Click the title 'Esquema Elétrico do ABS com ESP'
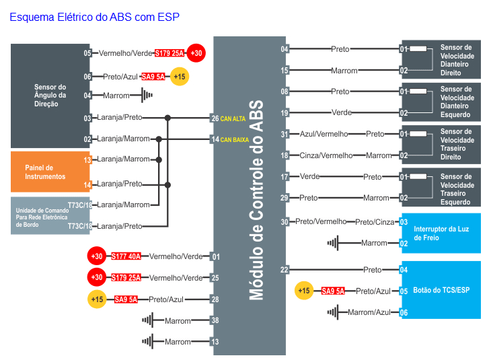tap(94, 17)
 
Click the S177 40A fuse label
tap(126, 256)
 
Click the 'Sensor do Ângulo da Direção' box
tap(50, 96)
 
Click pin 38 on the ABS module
tap(215, 320)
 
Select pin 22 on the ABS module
tap(285, 270)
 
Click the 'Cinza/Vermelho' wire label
tap(326, 155)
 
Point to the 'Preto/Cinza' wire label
tap(375, 221)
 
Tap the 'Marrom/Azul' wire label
tap(369, 312)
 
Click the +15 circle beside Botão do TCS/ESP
tap(304, 291)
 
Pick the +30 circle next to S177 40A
tap(97, 256)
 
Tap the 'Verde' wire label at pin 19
tap(341, 113)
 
